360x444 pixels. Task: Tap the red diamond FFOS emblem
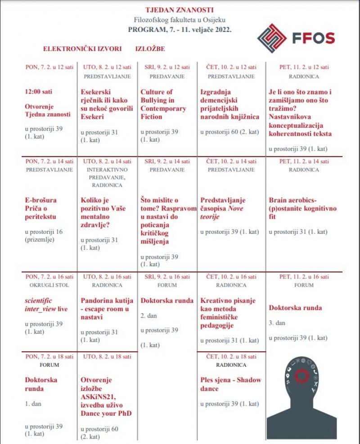(272, 38)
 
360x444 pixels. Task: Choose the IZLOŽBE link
(150, 49)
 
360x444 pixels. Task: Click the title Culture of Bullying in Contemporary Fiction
(163, 104)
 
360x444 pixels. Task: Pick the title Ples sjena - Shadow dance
(230, 384)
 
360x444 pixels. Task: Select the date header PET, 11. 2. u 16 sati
(304, 276)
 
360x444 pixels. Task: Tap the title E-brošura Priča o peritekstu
(41, 209)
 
